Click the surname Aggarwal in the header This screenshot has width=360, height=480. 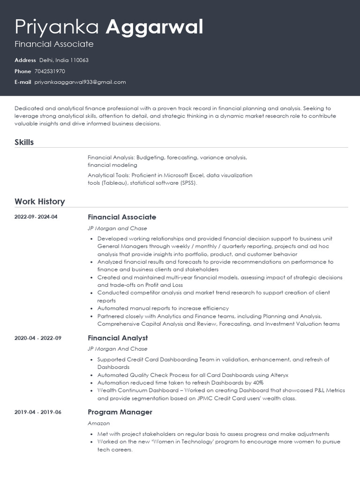[154, 27]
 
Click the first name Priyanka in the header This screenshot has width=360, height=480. [57, 27]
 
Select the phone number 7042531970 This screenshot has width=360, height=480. [50, 71]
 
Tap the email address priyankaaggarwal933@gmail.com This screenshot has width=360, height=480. [80, 82]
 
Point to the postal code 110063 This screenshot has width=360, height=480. [79, 60]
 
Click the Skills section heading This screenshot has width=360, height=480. [24, 142]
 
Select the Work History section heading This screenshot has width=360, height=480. [39, 202]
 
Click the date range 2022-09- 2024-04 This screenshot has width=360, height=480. [36, 217]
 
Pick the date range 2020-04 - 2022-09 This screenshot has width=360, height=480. [38, 338]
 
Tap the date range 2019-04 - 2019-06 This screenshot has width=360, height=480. [38, 412]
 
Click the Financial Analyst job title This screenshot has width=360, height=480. [118, 338]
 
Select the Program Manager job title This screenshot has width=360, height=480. [120, 412]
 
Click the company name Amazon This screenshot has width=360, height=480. [98, 423]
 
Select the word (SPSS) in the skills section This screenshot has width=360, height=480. [187, 183]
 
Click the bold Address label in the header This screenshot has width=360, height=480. [25, 60]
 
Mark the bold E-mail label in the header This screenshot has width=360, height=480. [23, 82]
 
